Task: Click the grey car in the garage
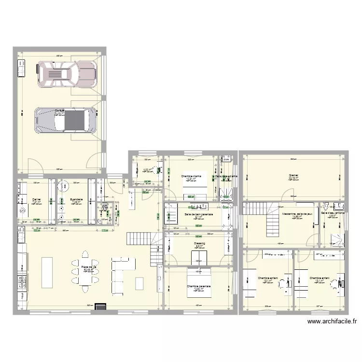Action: (x=65, y=120)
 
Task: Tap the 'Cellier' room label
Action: (x=36, y=199)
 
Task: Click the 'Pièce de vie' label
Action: (x=89, y=267)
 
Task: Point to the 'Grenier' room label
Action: (x=293, y=175)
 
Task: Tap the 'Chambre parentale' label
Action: (x=199, y=286)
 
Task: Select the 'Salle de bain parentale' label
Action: (x=198, y=214)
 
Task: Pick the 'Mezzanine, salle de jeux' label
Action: (x=296, y=213)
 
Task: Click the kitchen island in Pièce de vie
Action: (x=47, y=272)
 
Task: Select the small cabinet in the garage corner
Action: (x=21, y=69)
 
